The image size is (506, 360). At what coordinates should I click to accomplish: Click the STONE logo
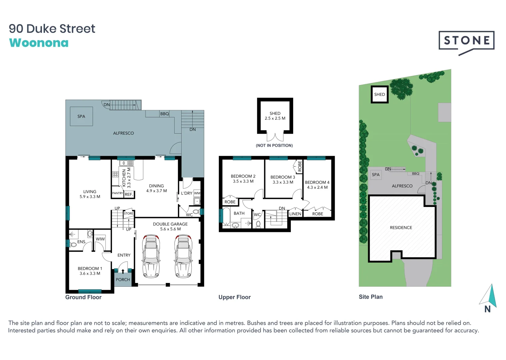click(466, 41)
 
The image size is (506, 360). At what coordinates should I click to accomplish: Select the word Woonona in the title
click(39, 43)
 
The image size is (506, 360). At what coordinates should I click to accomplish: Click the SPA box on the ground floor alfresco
click(81, 116)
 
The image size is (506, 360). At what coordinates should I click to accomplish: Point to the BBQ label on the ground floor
click(165, 114)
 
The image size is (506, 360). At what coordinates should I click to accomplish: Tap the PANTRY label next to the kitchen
click(118, 193)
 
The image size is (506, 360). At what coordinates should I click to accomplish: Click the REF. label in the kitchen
click(129, 194)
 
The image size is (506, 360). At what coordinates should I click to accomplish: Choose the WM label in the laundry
click(197, 193)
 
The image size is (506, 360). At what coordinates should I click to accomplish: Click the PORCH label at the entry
click(123, 280)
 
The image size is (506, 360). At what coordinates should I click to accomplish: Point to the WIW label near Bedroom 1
click(100, 239)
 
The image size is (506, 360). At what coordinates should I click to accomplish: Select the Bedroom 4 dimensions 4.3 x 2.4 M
click(317, 187)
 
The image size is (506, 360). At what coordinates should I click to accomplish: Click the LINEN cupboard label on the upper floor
click(295, 214)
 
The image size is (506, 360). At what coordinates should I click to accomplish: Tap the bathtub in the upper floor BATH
click(226, 216)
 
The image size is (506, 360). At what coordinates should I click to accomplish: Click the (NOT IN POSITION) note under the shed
click(274, 145)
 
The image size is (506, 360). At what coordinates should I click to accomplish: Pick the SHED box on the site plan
click(379, 94)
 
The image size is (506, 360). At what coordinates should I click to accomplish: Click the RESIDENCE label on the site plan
click(401, 228)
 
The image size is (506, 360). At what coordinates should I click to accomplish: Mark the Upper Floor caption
click(235, 297)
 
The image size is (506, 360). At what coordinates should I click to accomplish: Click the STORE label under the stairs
click(129, 213)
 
